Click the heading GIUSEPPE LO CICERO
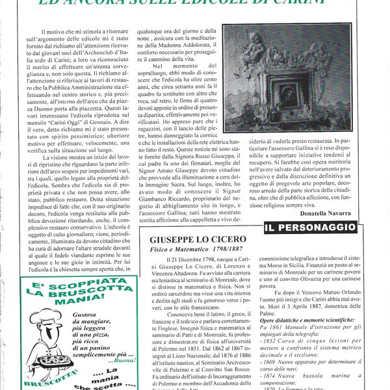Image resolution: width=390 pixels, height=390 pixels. (207, 239)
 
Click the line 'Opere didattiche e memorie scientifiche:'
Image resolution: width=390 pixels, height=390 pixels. (305, 321)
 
